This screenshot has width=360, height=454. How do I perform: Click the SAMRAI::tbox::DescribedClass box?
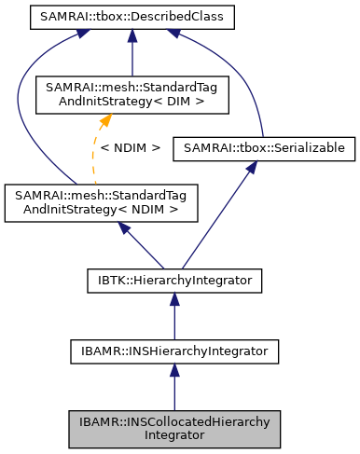coord(133,17)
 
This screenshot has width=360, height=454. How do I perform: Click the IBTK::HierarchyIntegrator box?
coord(174,278)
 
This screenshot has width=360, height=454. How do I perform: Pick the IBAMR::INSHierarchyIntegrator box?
coord(174,351)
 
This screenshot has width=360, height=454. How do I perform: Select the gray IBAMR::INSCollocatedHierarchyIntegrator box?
coord(174,429)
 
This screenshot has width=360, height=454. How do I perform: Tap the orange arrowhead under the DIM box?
coord(107,119)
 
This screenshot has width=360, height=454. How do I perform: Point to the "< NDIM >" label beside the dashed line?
coord(131,147)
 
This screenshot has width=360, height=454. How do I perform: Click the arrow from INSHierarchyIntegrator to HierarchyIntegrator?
coord(174,317)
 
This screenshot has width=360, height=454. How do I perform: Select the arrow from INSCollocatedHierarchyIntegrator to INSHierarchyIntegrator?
coord(174,392)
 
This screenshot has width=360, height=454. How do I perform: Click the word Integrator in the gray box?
coord(174,435)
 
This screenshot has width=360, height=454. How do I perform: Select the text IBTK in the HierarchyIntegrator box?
coord(105,278)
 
